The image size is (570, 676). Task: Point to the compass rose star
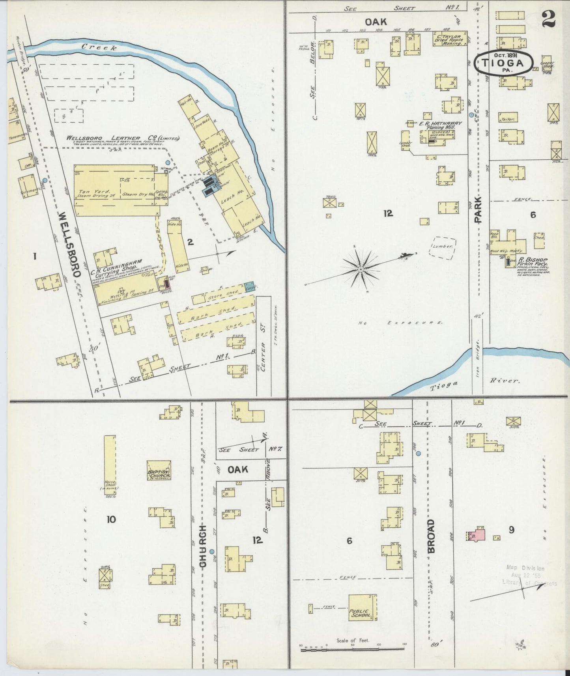pyautogui.click(x=360, y=269)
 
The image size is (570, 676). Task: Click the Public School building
pyautogui.click(x=362, y=607)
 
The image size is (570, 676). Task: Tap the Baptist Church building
pyautogui.click(x=159, y=470)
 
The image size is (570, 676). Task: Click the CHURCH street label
pyautogui.click(x=203, y=546)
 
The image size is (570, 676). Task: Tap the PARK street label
pyautogui.click(x=478, y=210)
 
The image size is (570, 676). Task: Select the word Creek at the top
pyautogui.click(x=99, y=47)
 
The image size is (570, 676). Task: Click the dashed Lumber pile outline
pyautogui.click(x=443, y=248)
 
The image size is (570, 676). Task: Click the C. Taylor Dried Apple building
pyautogui.click(x=450, y=39)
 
